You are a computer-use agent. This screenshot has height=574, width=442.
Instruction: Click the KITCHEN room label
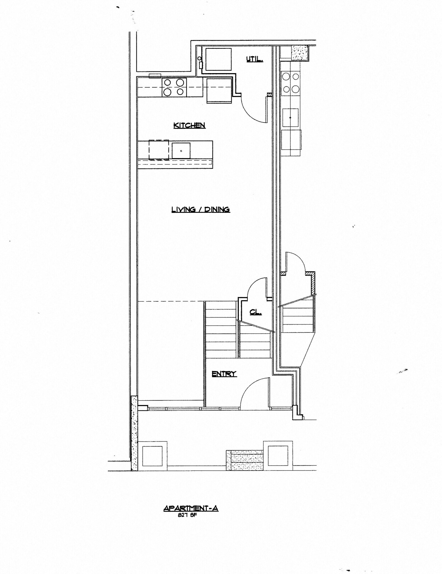point(189,125)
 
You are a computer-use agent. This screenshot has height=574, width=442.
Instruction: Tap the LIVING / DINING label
point(201,209)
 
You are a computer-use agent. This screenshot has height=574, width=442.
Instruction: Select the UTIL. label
point(254,59)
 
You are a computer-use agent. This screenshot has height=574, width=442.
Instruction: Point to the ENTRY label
point(224,374)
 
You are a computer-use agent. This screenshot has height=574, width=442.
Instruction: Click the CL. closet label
point(255,312)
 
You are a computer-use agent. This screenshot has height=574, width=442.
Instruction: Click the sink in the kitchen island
point(181,151)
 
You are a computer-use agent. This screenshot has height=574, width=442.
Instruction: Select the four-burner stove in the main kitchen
point(174,87)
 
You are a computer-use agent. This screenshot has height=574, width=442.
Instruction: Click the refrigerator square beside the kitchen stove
point(219,91)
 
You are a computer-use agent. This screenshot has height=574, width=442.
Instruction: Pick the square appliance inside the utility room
point(219,59)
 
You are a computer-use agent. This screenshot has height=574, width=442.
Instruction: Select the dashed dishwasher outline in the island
point(159,150)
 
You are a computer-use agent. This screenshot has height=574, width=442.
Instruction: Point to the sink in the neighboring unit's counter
point(290,117)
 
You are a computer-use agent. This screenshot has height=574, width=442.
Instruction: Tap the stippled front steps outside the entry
point(245,460)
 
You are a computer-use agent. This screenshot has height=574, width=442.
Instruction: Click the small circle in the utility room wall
point(199,58)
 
